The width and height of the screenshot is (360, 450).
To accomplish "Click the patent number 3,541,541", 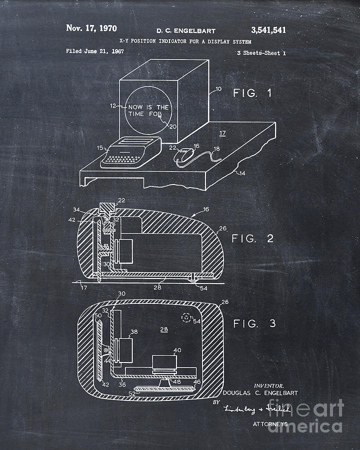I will [x=262, y=30].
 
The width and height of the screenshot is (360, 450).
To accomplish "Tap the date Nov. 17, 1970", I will [x=91, y=28].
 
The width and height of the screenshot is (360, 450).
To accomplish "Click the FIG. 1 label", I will [x=252, y=92].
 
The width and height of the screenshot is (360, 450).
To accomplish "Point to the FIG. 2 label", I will [x=253, y=238].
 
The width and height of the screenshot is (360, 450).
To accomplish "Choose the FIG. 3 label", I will [x=254, y=324].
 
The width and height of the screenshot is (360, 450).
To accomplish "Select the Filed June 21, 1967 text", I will [x=95, y=51].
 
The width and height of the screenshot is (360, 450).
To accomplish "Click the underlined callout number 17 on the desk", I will [x=222, y=133].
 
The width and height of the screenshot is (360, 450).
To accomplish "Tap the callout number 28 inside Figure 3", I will [x=163, y=328].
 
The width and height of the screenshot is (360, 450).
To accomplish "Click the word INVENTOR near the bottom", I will [x=269, y=385].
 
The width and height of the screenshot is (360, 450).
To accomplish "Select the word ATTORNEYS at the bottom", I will [x=270, y=423].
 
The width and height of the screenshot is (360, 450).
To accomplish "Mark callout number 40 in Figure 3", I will [x=177, y=350].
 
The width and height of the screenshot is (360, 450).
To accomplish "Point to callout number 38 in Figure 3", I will [x=134, y=331].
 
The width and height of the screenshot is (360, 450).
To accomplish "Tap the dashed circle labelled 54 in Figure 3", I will [x=187, y=316].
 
